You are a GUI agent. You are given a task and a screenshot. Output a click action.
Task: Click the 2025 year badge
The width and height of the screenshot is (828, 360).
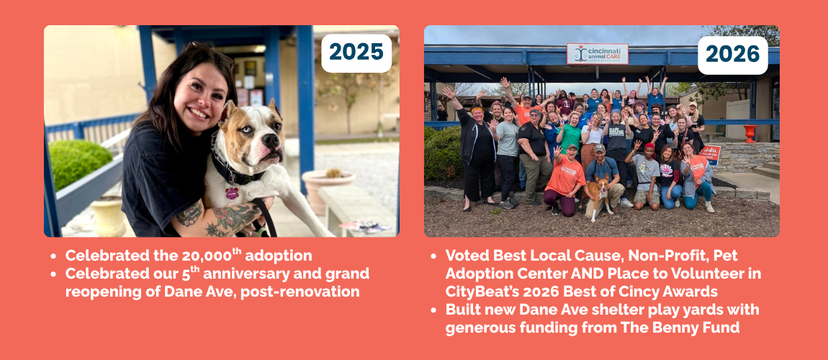tap(356, 53)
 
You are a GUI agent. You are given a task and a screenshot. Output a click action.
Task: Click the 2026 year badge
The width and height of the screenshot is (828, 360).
tap(732, 55)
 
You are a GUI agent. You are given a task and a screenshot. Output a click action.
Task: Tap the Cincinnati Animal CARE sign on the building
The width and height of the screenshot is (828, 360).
tap(597, 54)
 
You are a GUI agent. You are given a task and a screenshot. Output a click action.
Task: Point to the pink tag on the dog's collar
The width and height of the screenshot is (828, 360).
tap(232, 193)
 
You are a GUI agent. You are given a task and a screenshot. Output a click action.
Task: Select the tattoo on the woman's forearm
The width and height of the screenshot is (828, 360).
tap(233, 217)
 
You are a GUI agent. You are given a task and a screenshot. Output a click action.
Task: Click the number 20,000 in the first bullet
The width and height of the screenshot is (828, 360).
tap(206, 256)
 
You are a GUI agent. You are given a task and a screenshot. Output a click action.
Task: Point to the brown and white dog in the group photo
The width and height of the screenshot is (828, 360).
tap(600, 195)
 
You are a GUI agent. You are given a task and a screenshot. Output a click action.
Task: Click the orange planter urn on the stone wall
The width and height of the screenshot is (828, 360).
tap(750, 133)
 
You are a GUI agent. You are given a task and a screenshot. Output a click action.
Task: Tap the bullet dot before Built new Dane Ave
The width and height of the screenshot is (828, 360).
tap(433, 310)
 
